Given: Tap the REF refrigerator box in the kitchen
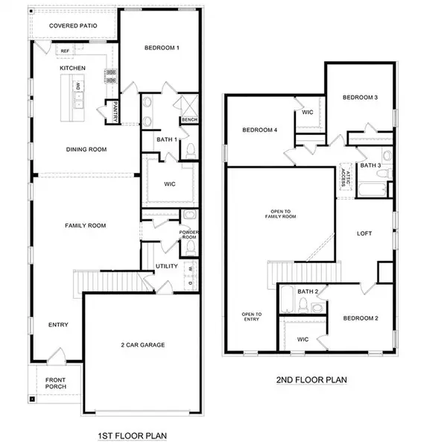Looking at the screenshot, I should click(x=66, y=51).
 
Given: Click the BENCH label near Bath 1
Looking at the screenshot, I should click(x=189, y=119).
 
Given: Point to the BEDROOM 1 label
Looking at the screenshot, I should click(x=162, y=48).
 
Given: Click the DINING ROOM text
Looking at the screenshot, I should click(x=86, y=149).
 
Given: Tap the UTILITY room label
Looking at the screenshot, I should click(x=165, y=266).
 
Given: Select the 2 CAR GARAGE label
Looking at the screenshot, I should click(x=142, y=344).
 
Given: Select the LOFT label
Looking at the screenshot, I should click(x=364, y=233).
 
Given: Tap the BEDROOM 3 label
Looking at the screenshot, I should click(x=360, y=98).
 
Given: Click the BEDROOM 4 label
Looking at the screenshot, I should click(x=260, y=130).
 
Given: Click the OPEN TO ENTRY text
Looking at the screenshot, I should click(x=250, y=317).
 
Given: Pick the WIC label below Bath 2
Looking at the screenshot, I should click(x=302, y=339).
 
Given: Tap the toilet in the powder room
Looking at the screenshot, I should click(x=190, y=217).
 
